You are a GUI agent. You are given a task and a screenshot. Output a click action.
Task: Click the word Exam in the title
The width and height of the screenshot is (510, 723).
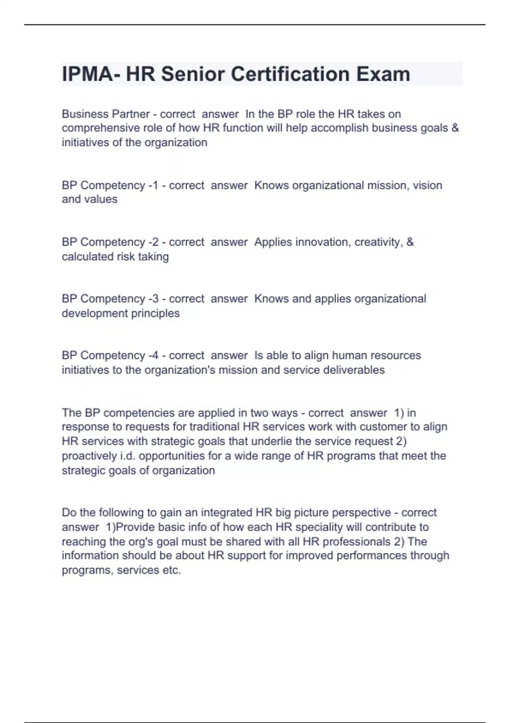pyautogui.click(x=383, y=74)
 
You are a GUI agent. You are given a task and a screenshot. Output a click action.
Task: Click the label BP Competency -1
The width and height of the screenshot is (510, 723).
pyautogui.click(x=110, y=185)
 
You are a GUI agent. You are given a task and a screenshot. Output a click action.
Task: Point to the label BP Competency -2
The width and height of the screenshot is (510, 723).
pyautogui.click(x=110, y=242)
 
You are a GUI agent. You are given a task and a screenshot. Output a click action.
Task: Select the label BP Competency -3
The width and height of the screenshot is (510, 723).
pyautogui.click(x=110, y=299)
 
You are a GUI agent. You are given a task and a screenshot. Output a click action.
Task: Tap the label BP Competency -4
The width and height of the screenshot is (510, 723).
pyautogui.click(x=110, y=355)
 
